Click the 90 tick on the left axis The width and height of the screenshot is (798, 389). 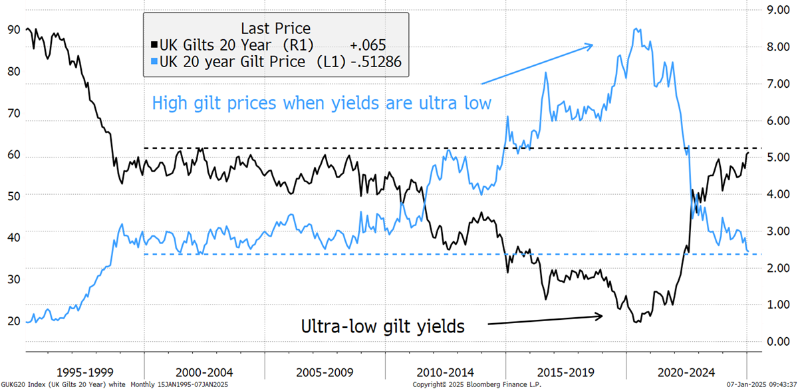tap(13, 29)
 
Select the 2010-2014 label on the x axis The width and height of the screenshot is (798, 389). tap(446, 372)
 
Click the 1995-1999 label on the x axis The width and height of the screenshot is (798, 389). tap(85, 372)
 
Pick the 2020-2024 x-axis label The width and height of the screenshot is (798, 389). tap(686, 372)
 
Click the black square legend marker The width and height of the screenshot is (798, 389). tap(154, 45)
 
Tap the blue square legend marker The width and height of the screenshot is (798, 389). tap(154, 62)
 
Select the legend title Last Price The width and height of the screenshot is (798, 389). tap(276, 28)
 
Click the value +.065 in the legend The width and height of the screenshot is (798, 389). tap(368, 45)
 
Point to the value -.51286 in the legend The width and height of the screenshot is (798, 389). tap(376, 62)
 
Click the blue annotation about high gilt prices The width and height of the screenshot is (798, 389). tap(322, 103)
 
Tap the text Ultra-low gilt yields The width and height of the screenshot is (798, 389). tap(382, 326)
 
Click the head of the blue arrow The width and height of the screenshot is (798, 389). tap(593, 45)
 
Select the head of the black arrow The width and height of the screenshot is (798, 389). tap(602, 316)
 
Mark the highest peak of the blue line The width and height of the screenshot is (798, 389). tap(636, 29)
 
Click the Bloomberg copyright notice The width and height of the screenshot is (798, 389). tap(477, 385)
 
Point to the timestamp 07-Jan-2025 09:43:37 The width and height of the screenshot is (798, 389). tap(761, 385)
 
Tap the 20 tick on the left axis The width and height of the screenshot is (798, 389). tap(13, 321)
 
